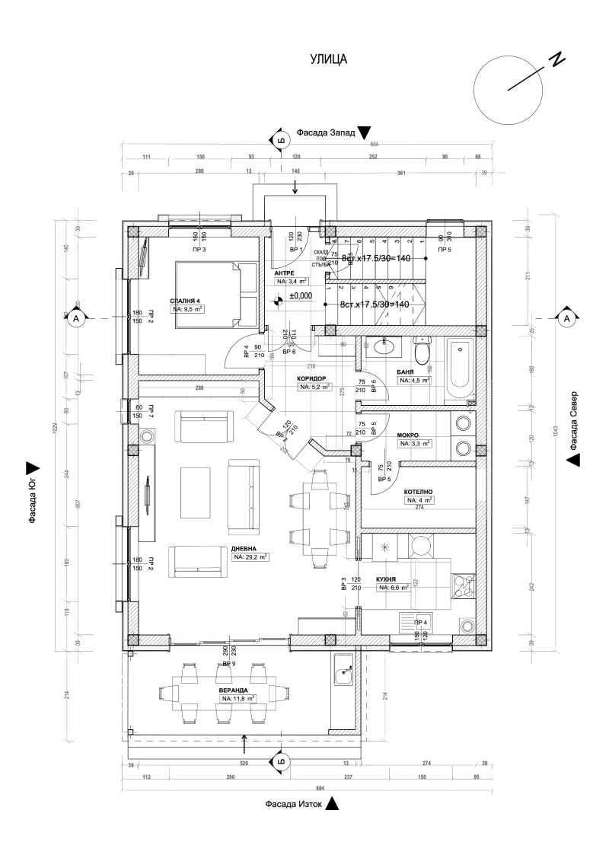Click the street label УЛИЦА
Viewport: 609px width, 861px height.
point(328,59)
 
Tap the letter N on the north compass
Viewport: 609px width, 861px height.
point(558,59)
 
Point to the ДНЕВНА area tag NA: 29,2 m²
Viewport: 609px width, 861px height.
point(250,557)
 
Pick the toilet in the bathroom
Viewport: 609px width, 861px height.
point(422,352)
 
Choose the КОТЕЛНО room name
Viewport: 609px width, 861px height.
point(419,492)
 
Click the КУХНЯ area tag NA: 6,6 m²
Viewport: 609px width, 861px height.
point(394,588)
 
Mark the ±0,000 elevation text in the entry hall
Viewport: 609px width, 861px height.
point(301,296)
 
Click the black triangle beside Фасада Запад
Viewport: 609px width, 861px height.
point(364,132)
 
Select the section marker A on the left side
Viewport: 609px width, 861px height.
point(76,320)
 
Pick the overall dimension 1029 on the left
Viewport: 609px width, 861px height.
point(56,427)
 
